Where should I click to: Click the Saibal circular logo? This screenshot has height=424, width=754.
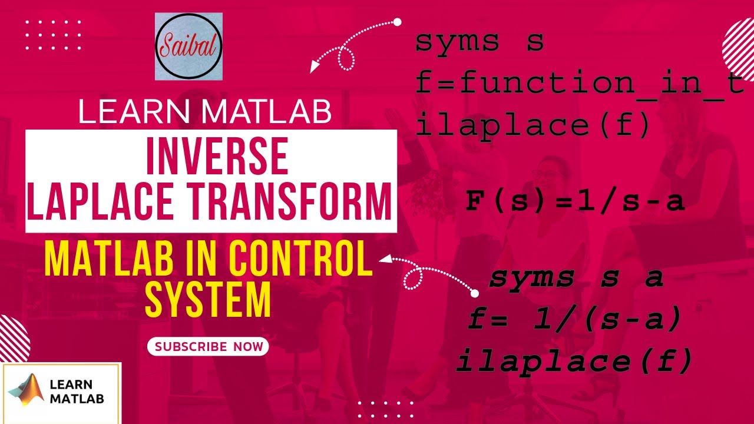tap(188, 47)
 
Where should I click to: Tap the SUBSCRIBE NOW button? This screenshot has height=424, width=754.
tap(208, 346)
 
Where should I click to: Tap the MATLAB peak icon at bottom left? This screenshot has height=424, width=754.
tap(27, 392)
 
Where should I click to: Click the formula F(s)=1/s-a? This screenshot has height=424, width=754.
tap(574, 201)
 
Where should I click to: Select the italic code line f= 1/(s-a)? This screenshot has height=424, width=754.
tap(574, 320)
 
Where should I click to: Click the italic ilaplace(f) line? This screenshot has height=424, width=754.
tap(574, 361)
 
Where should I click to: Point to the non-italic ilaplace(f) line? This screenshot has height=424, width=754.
tap(533, 125)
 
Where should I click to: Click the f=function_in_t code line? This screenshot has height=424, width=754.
tap(580, 84)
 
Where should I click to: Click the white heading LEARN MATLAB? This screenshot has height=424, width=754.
tap(204, 112)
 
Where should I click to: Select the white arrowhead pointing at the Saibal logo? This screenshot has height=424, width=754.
tap(315, 67)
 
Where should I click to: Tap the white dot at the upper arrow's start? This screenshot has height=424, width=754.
tap(397, 22)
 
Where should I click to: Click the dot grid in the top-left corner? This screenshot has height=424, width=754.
tap(54, 35)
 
